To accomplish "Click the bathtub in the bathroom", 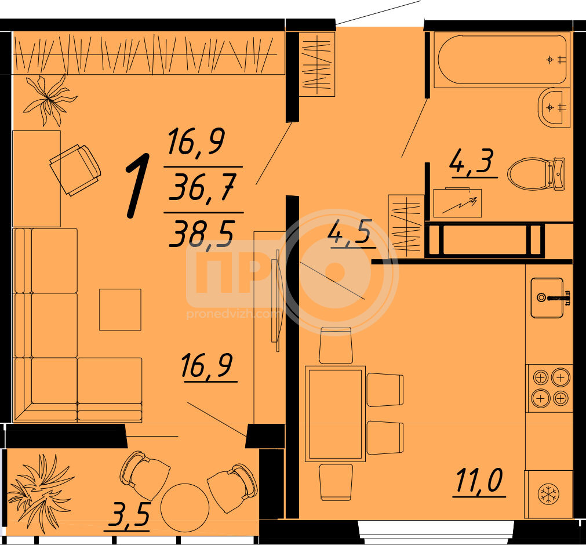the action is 502,60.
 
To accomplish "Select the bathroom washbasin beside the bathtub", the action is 554,108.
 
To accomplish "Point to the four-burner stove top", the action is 551,388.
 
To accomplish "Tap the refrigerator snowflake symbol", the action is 548,494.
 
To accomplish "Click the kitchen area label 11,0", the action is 479,481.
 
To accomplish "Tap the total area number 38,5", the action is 202,233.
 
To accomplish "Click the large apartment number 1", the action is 137,186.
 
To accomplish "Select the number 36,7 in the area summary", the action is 202,187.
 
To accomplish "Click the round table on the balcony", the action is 185,508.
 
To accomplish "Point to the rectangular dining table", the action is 335,414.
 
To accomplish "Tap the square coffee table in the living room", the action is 120,310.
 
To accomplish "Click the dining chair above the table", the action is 336,346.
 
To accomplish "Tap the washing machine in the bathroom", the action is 457,202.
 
